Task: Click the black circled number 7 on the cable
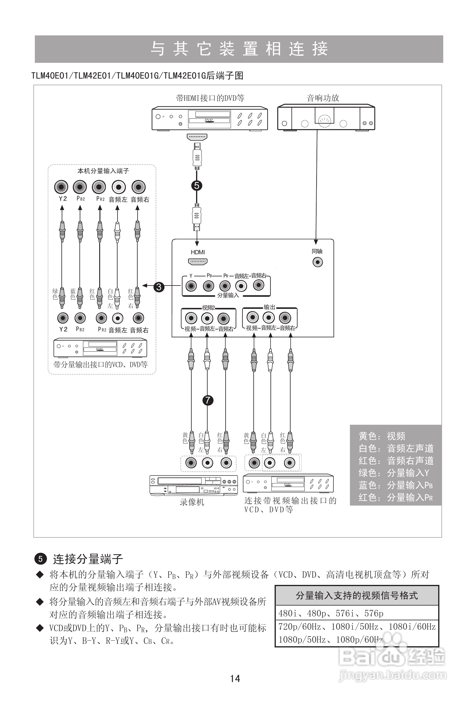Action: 208,400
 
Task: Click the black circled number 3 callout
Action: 159,286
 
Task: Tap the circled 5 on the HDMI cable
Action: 197,186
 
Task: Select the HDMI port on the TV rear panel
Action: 198,262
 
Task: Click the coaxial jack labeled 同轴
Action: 317,262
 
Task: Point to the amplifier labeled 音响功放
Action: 326,117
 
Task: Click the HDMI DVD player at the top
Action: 210,118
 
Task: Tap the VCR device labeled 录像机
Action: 193,486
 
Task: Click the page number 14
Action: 235,679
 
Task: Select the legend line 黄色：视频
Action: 382,436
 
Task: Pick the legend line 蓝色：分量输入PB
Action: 396,485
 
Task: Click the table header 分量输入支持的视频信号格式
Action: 357,596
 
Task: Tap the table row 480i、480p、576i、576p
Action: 331,614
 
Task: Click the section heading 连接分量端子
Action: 88,559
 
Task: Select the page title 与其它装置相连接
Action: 239,49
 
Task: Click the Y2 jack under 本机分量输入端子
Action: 61,187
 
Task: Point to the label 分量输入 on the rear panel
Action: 228,296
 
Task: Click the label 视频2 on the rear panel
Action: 208,308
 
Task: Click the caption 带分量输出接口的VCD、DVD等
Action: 101,365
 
